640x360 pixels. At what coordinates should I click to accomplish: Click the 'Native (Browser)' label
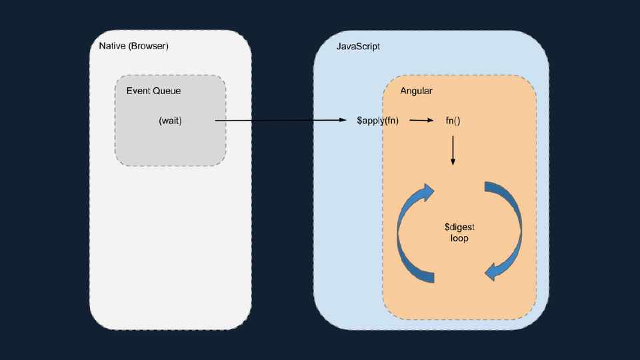(133, 46)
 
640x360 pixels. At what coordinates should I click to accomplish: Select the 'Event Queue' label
(153, 91)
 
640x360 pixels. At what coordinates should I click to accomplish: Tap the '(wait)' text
(170, 121)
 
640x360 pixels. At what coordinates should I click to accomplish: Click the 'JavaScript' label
(358, 47)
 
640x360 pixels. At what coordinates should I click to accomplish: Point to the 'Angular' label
(417, 91)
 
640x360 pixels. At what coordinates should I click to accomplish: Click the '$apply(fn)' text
(377, 121)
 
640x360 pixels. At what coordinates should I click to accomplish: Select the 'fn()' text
(453, 121)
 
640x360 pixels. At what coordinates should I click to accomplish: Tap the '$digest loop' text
(459, 232)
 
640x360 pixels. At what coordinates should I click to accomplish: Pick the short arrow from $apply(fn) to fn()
(421, 121)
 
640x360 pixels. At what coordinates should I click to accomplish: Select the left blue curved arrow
(409, 233)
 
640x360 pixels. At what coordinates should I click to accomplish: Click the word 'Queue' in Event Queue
(167, 91)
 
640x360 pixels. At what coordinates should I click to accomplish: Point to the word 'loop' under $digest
(459, 238)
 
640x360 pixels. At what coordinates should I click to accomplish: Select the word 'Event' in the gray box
(139, 91)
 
